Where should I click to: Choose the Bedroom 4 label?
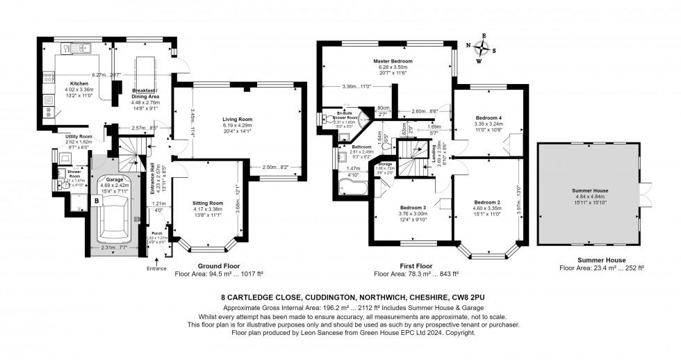tap(489, 117)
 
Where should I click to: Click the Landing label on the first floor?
tap(434, 158)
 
